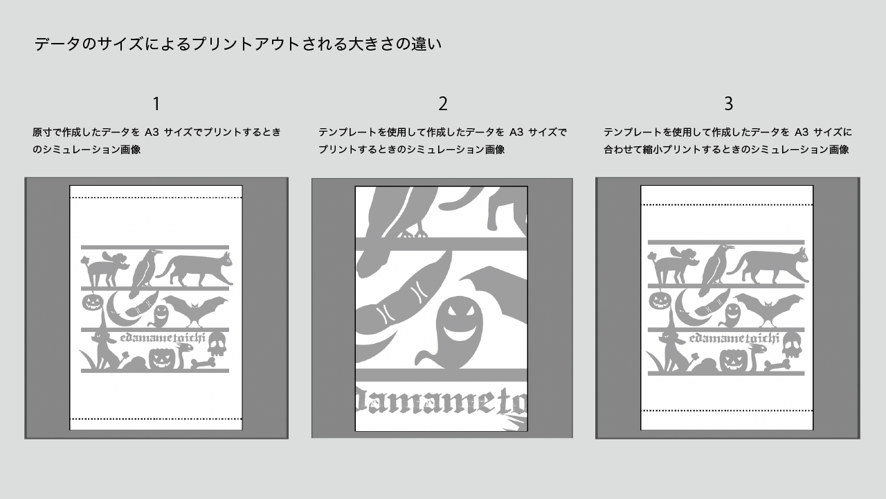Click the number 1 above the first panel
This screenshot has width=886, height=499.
pyautogui.click(x=156, y=104)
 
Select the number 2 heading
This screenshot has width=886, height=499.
pyautogui.click(x=443, y=104)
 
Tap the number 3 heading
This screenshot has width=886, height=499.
pyautogui.click(x=728, y=104)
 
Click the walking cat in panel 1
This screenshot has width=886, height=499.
pyautogui.click(x=196, y=270)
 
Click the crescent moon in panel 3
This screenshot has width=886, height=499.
pyautogui.click(x=689, y=308)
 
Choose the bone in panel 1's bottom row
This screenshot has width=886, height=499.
pyautogui.click(x=205, y=362)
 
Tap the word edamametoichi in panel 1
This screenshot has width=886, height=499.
pyautogui.click(x=164, y=338)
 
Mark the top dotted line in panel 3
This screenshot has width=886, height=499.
pyautogui.click(x=727, y=204)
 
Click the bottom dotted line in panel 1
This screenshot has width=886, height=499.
pyautogui.click(x=156, y=419)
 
